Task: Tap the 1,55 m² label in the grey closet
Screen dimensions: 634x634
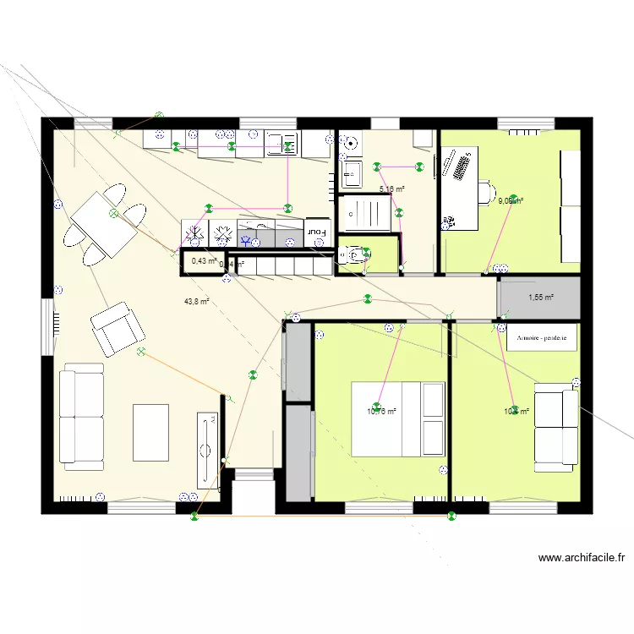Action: point(540,297)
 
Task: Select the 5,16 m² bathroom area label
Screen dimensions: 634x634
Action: point(391,189)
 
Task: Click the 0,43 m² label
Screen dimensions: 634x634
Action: point(204,261)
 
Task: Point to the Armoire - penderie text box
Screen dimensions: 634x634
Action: point(541,336)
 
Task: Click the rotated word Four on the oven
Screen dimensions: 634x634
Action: point(316,230)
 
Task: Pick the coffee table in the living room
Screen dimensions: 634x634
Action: point(151,432)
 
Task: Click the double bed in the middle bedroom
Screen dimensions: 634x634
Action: point(398,418)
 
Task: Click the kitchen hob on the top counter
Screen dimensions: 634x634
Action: point(282,145)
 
